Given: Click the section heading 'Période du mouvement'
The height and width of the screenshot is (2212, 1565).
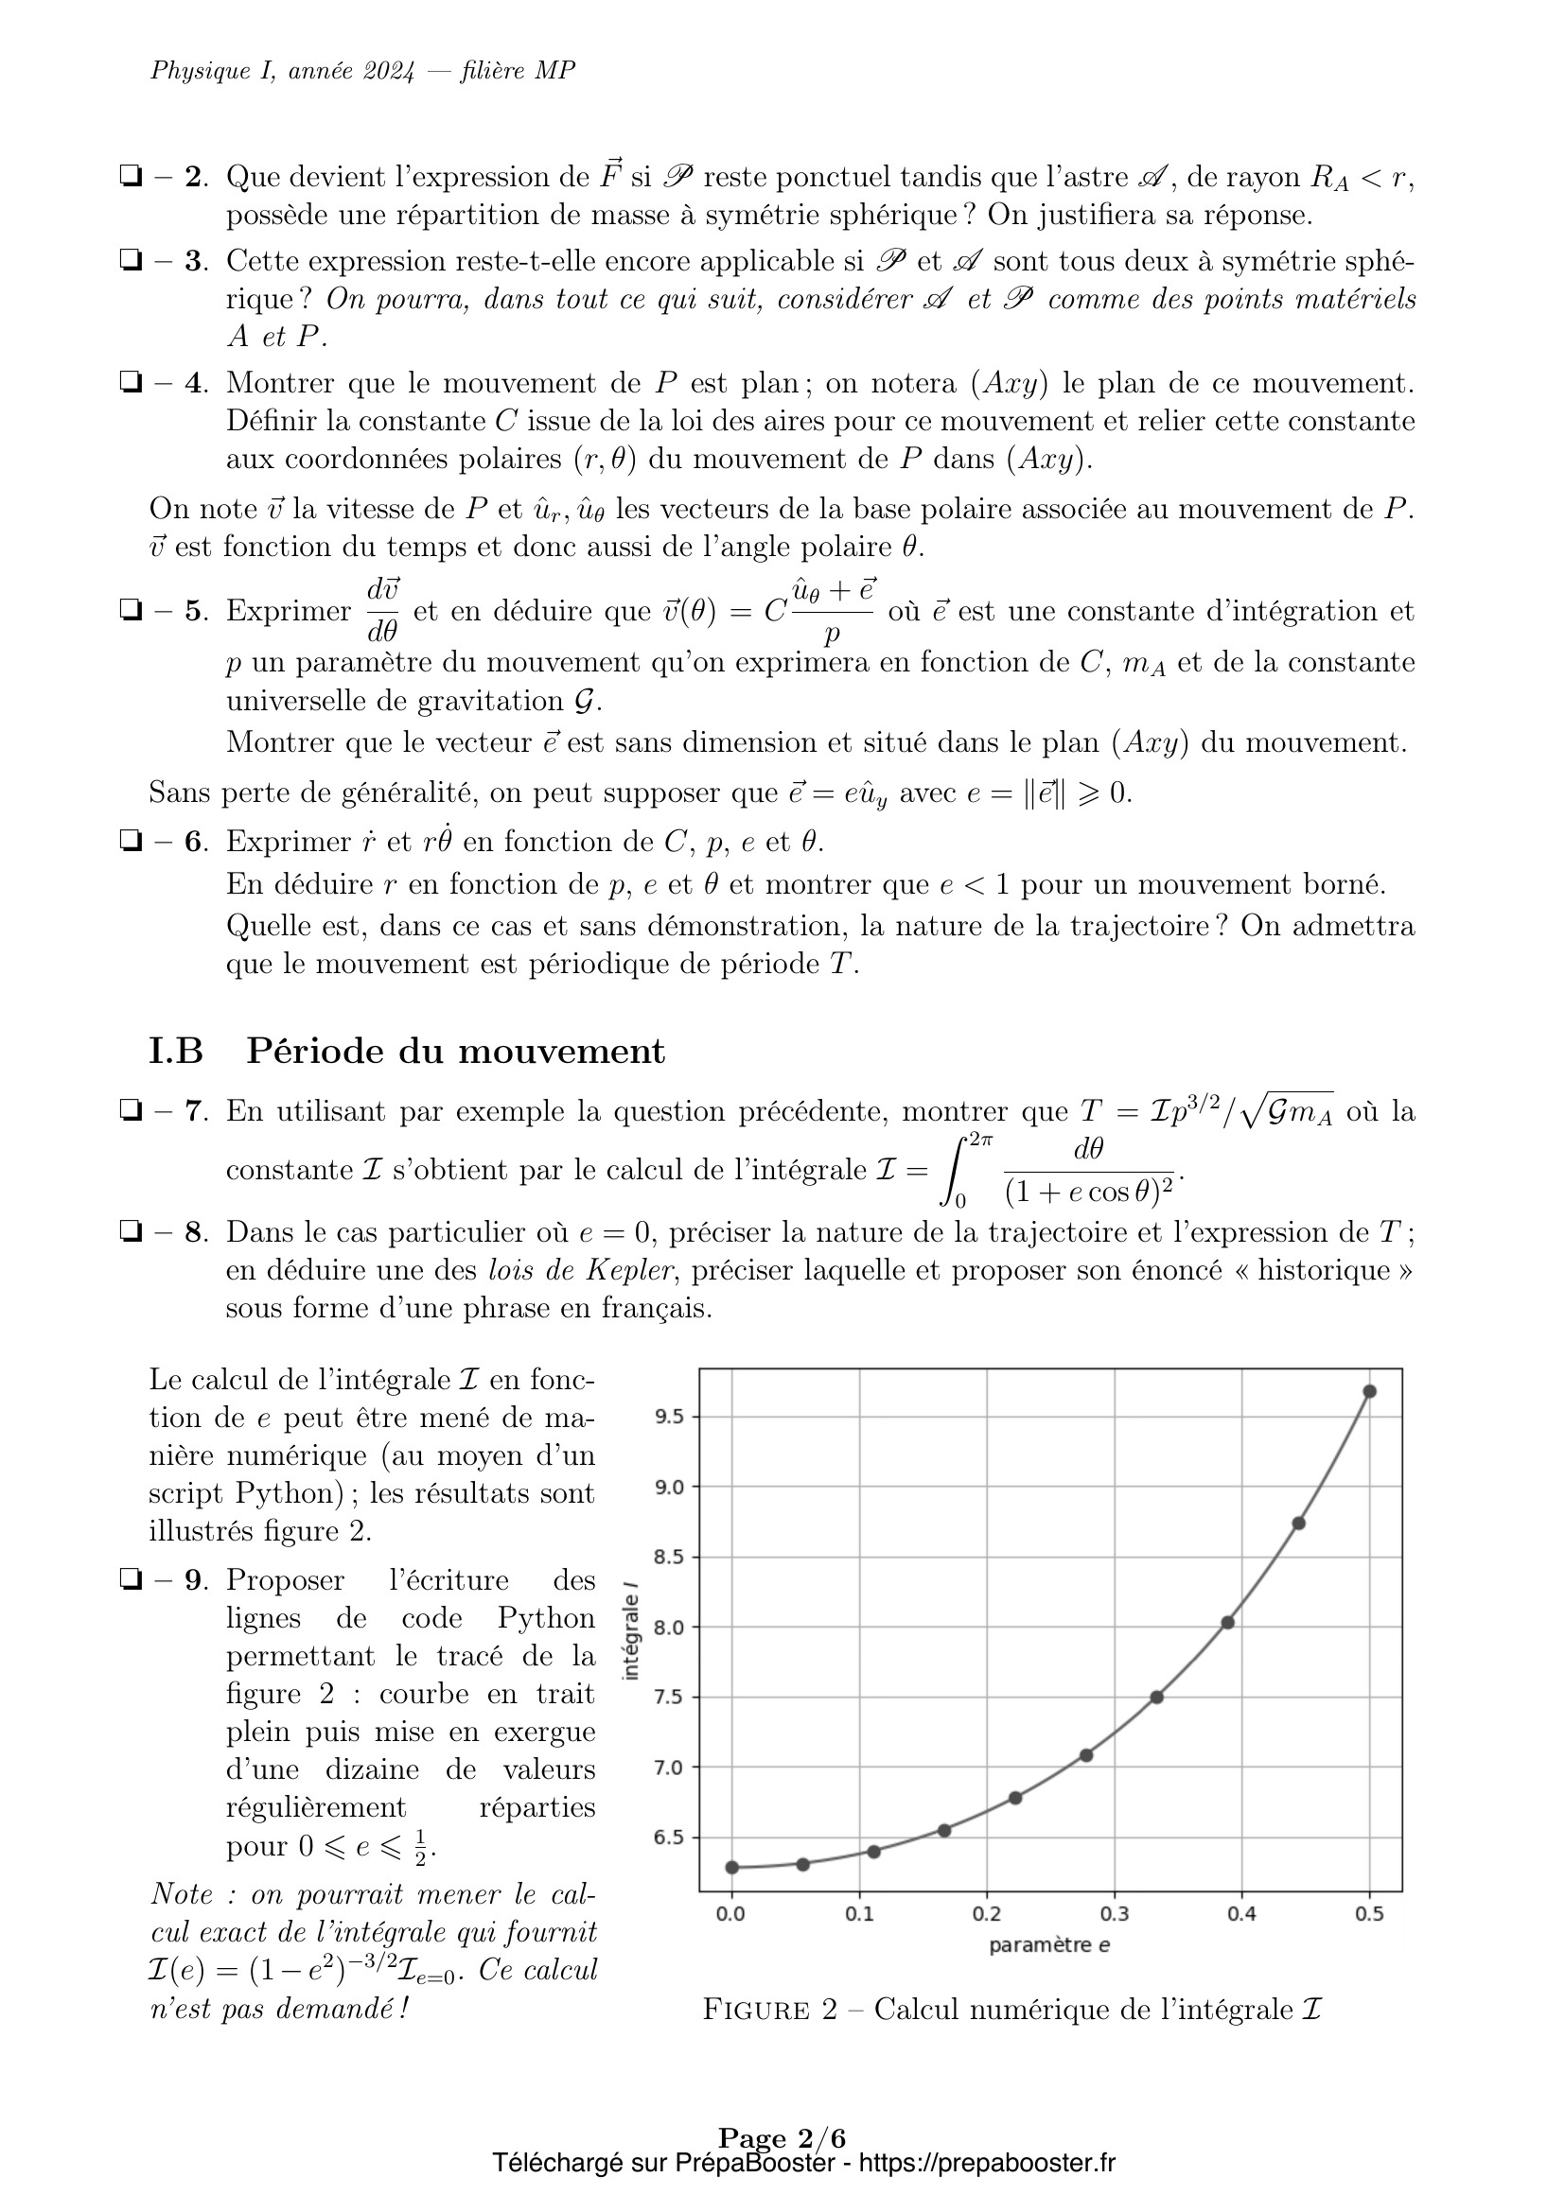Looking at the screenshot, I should tap(455, 1050).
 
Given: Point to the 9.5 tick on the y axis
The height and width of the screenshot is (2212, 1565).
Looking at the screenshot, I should tap(669, 1417).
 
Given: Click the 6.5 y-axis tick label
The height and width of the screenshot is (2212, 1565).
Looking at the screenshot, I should tap(669, 1838).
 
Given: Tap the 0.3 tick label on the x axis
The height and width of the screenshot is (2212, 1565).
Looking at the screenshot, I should tap(1114, 1913).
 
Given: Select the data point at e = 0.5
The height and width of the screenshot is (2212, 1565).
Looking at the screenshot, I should tap(1369, 1391).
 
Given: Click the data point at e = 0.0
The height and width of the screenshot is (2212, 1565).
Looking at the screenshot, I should tap(731, 1867).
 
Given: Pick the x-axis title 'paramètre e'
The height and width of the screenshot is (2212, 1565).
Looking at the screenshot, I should tap(1049, 1945).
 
